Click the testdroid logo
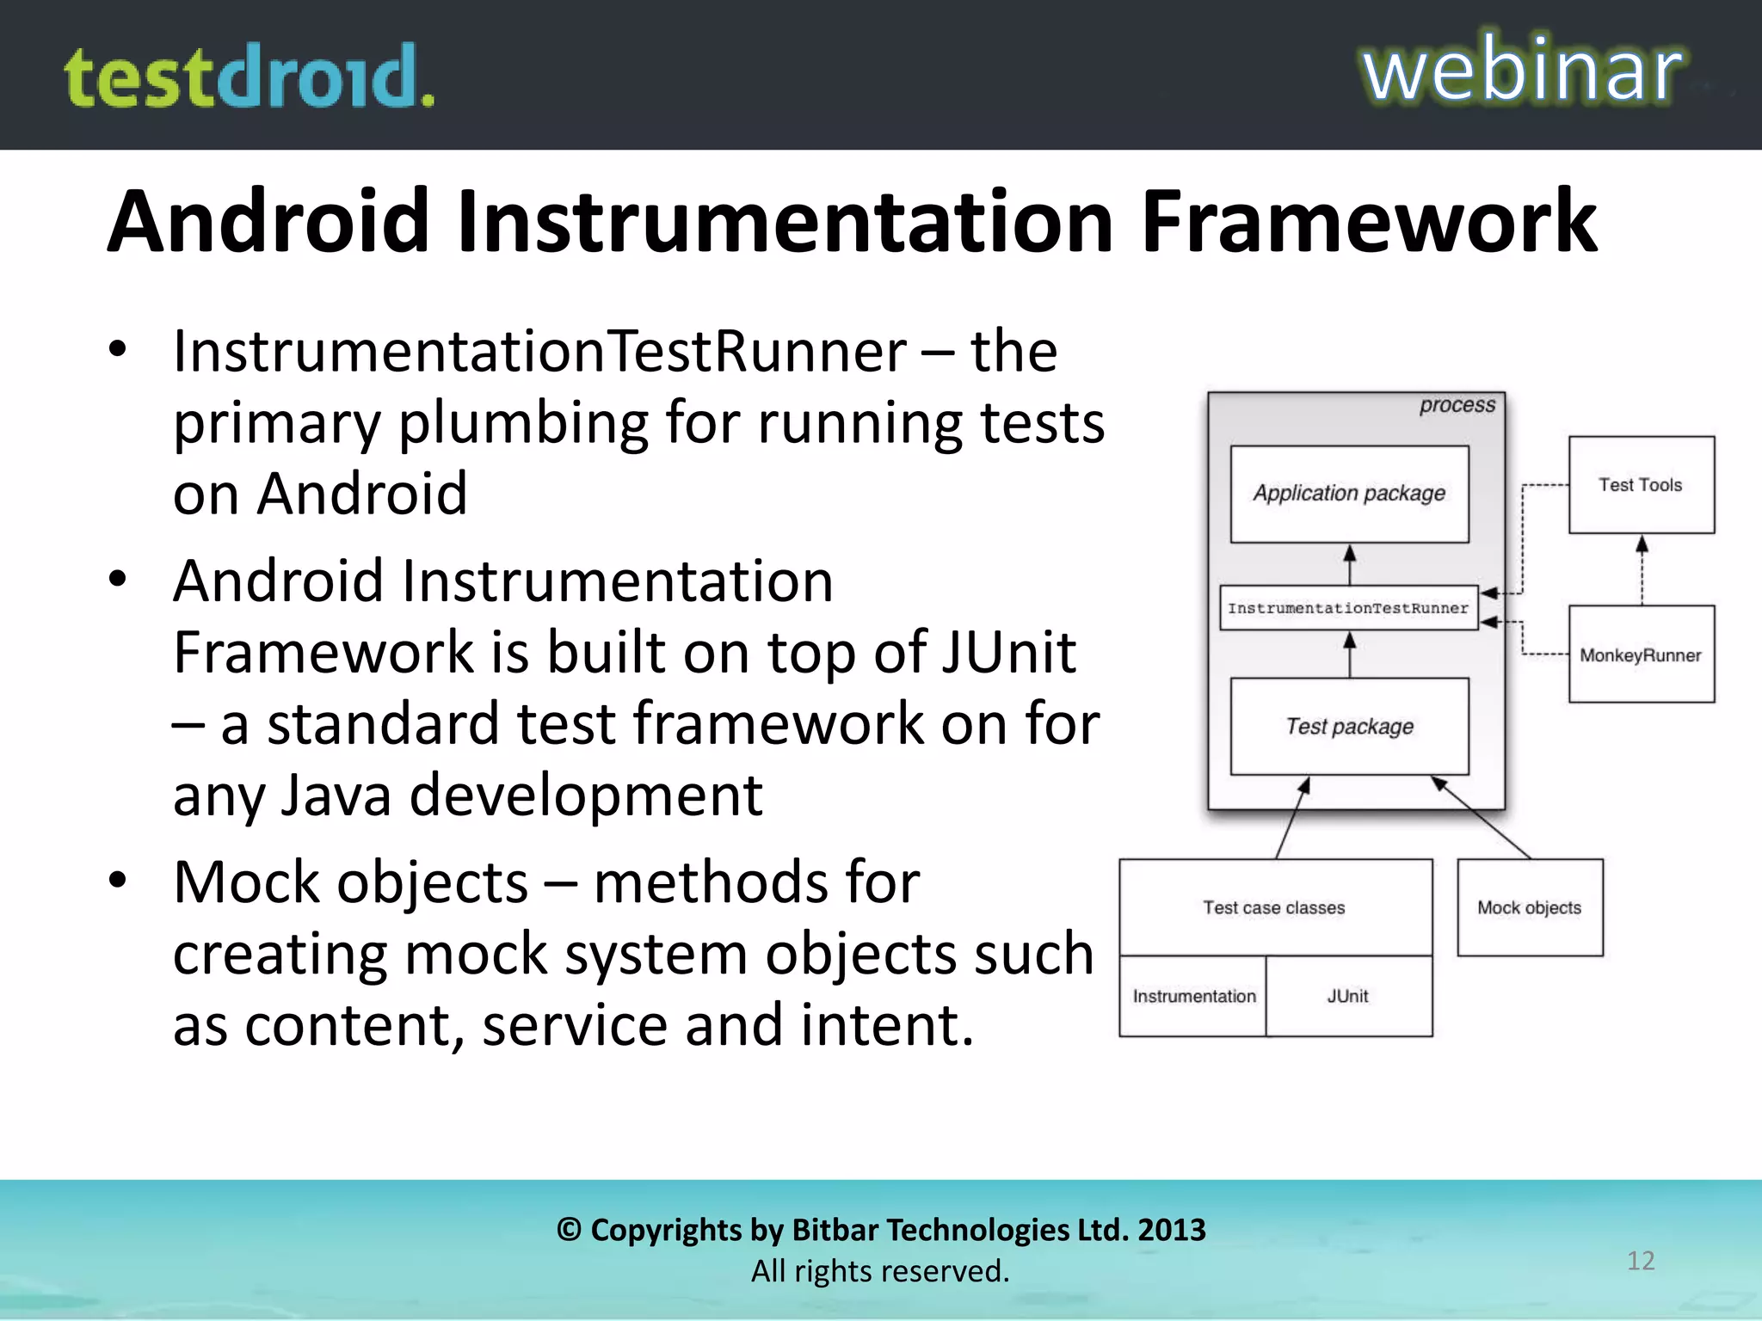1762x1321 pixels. click(x=250, y=77)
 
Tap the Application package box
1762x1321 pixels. click(x=1349, y=494)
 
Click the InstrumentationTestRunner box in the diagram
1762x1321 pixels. click(x=1348, y=608)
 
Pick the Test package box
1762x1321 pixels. click(x=1349, y=727)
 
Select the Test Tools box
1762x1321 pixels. click(x=1641, y=485)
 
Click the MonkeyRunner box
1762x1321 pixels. click(x=1641, y=654)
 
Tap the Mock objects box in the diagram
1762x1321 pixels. click(x=1530, y=907)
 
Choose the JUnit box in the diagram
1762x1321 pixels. click(x=1348, y=996)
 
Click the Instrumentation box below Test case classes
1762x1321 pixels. click(x=1193, y=996)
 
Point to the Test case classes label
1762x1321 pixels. click(x=1274, y=907)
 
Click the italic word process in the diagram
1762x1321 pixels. click(x=1457, y=405)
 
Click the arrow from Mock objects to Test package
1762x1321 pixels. click(x=1482, y=817)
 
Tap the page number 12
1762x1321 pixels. click(x=1641, y=1261)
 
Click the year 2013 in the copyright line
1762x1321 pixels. click(x=1171, y=1230)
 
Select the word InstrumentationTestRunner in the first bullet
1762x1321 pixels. click(x=539, y=352)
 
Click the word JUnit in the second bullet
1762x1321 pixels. click(x=1007, y=652)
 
